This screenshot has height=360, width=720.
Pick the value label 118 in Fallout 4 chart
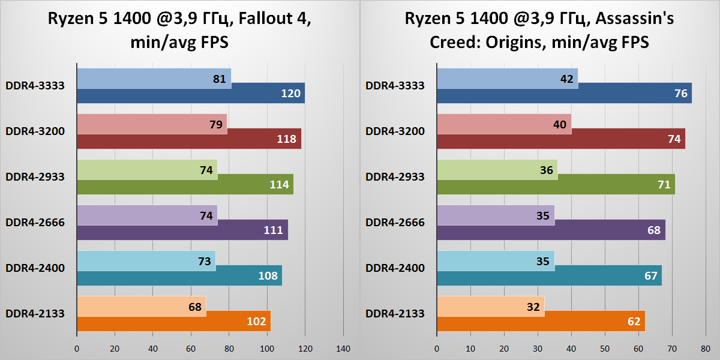(287, 139)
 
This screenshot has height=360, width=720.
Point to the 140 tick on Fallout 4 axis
(343, 348)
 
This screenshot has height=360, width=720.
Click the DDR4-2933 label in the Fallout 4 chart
(35, 176)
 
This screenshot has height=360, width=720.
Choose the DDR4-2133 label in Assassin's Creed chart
(395, 313)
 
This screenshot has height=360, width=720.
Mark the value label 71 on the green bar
(664, 185)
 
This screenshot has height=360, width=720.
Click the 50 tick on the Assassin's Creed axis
(605, 348)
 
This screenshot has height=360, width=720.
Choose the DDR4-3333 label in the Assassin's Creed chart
(395, 85)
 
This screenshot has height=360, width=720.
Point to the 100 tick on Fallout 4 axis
(266, 348)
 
